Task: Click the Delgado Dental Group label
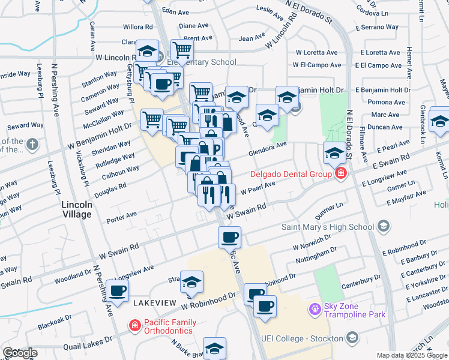coord(291,175)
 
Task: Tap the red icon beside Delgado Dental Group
coord(341,175)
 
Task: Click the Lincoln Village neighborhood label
coord(77,209)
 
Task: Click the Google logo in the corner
coord(20,353)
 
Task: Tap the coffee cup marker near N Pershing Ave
coord(117,291)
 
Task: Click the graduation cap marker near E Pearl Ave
coord(334,154)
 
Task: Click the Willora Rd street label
coord(138,27)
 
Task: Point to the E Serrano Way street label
coord(376,27)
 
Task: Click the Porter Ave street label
coord(122,214)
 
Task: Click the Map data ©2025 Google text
coord(411,355)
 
